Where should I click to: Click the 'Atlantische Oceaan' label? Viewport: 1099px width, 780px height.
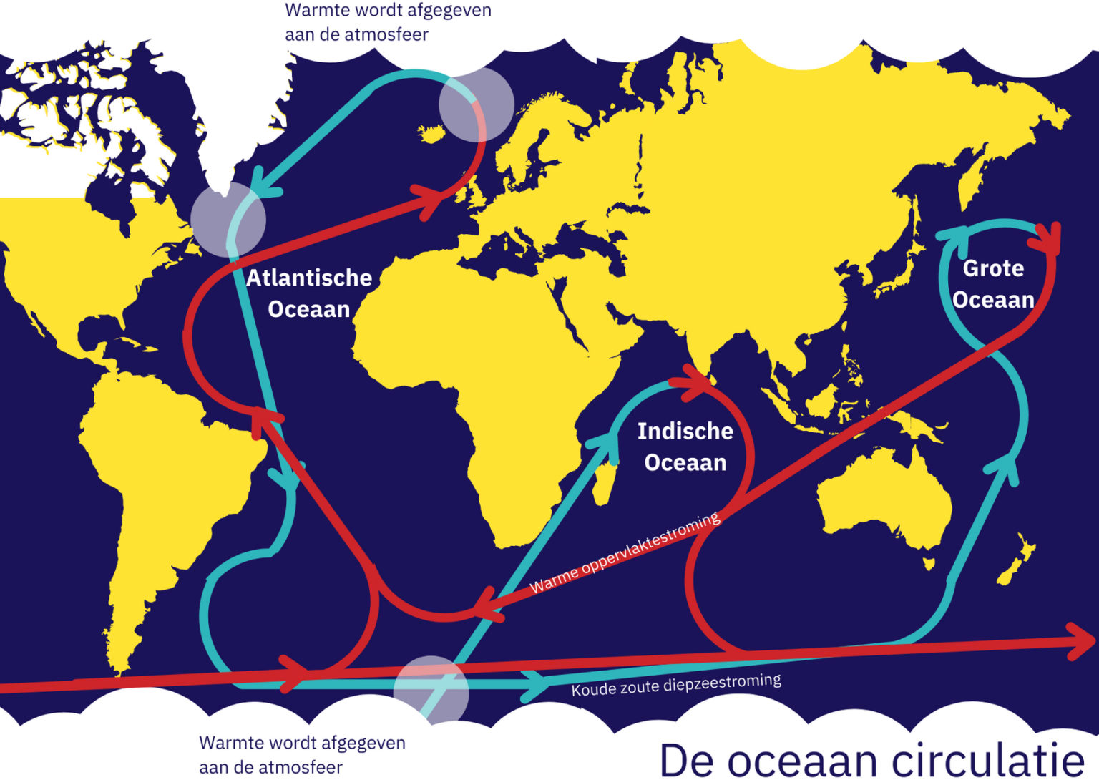[x=309, y=293]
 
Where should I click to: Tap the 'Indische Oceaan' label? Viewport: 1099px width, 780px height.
[x=685, y=447]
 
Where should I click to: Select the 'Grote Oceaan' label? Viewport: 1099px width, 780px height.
[x=993, y=283]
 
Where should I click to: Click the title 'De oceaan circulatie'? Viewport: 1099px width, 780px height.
[x=871, y=759]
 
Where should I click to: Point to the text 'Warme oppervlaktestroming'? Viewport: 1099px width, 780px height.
[x=625, y=553]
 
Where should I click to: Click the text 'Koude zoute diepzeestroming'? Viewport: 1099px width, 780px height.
[x=675, y=685]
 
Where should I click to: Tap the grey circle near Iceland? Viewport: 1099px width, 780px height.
[x=476, y=104]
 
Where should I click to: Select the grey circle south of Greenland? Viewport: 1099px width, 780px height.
[x=228, y=219]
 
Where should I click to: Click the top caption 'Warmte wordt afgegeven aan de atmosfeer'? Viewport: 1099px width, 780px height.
[x=388, y=22]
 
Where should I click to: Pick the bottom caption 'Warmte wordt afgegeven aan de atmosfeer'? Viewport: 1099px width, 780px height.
[x=302, y=754]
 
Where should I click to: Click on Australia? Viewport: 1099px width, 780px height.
[x=884, y=494]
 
